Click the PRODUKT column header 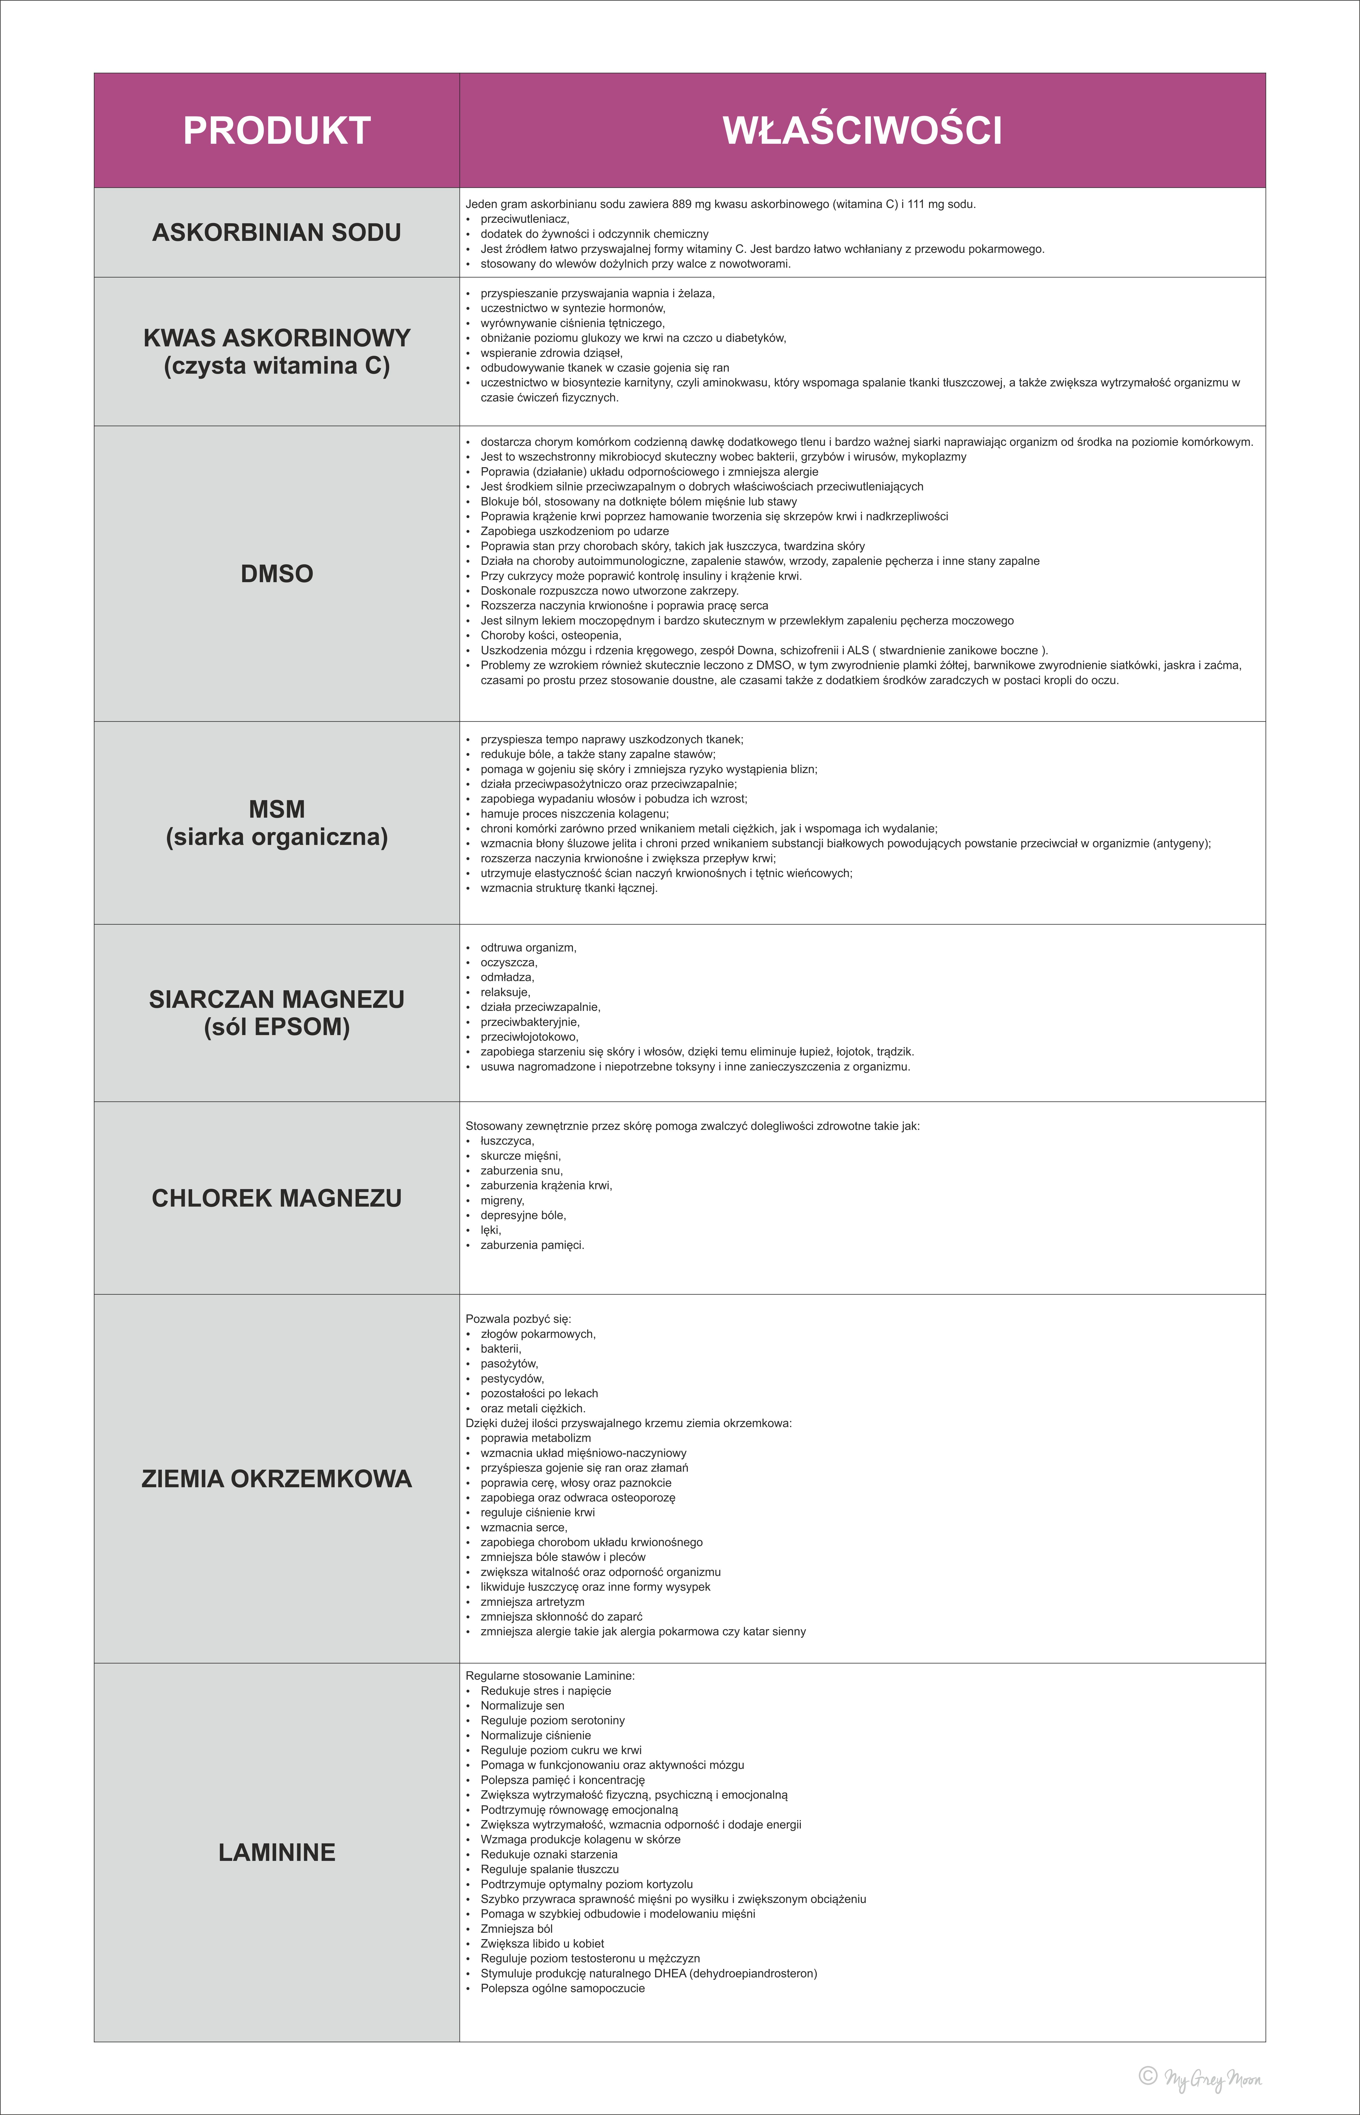277,131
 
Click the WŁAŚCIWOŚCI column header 862,131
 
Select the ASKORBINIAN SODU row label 277,232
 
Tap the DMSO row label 277,574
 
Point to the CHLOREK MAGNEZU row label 277,1198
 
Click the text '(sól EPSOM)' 277,1027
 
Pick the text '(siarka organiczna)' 277,837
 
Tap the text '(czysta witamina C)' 277,365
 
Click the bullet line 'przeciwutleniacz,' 525,219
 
